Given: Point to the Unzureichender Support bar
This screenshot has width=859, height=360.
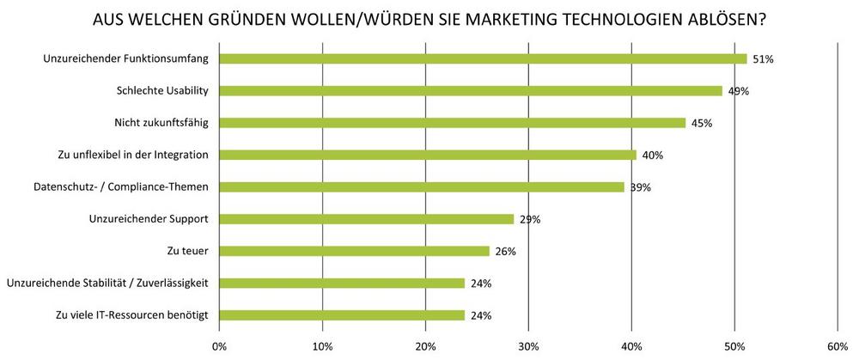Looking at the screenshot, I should coord(366,219).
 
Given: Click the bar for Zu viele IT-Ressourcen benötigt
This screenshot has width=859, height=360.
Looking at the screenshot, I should coord(342,315).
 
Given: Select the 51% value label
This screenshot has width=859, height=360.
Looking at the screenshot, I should coord(764,59).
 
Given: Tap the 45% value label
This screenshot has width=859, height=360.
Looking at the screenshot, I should coord(702,124).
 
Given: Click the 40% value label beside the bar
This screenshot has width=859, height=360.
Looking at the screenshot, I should coord(653,156).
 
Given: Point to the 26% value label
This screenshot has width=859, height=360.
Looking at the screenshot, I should coord(505,252).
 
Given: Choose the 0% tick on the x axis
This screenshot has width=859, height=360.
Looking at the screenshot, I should coord(219,345).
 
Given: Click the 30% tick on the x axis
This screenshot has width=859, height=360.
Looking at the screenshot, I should coord(528,345).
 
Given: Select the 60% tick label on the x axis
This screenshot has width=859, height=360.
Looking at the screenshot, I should coord(838,345).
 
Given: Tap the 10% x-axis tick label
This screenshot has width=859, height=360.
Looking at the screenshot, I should coord(322,345).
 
